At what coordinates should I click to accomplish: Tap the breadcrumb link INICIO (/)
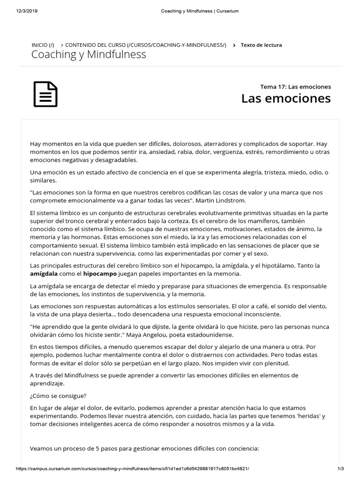[x=43, y=45]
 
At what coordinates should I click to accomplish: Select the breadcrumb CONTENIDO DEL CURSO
[x=145, y=45]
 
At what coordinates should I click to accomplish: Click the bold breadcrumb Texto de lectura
[x=261, y=45]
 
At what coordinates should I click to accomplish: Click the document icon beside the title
[x=45, y=94]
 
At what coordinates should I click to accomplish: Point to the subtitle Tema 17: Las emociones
[x=295, y=87]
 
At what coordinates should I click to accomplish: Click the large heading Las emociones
[x=286, y=98]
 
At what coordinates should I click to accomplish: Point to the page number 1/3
[x=341, y=468]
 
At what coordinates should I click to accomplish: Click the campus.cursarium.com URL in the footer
[x=133, y=468]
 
